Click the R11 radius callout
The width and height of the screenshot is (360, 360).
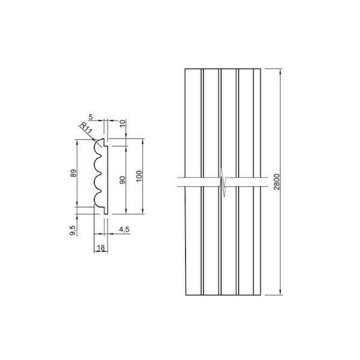(86, 129)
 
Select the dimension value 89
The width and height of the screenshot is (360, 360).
(73, 173)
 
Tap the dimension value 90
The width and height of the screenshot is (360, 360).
(123, 180)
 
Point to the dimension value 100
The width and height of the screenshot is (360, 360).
(139, 176)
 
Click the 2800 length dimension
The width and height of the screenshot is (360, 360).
(277, 182)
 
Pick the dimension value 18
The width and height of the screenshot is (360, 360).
(101, 247)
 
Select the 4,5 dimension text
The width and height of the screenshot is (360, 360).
(124, 229)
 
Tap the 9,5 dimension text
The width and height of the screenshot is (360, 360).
(73, 230)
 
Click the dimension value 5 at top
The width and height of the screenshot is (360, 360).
(91, 117)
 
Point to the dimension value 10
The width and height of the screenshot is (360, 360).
(123, 123)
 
